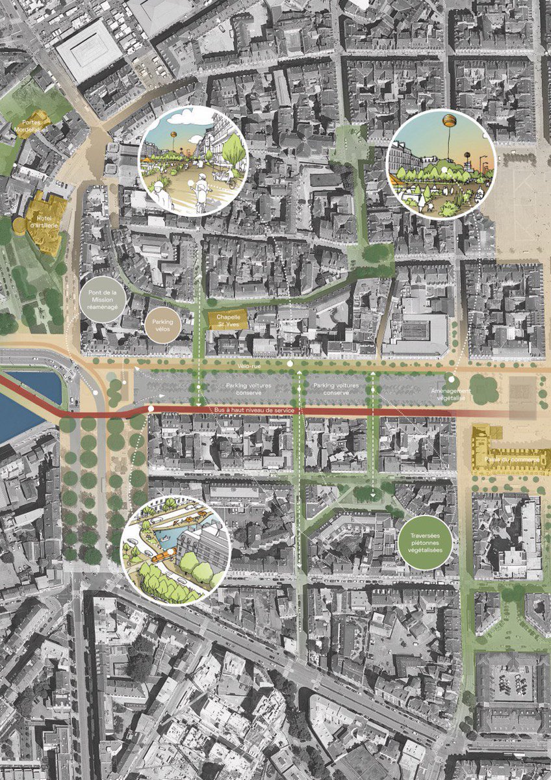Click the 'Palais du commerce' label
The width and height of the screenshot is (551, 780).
tap(511, 460)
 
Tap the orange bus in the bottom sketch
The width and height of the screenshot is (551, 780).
tap(163, 556)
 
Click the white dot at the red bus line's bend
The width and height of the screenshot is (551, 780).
tap(151, 409)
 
